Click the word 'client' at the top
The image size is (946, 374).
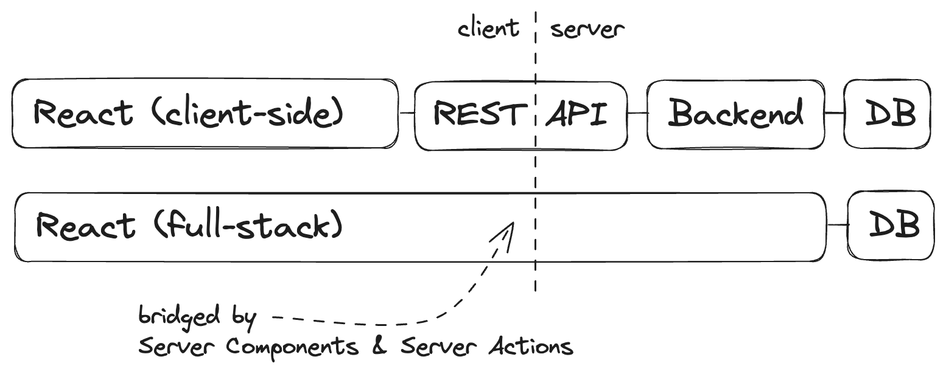(488, 28)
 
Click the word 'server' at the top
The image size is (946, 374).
(587, 29)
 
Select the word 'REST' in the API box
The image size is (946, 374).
(480, 114)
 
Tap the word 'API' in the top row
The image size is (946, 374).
(576, 114)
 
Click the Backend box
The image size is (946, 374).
(735, 114)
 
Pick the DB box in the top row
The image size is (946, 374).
(888, 114)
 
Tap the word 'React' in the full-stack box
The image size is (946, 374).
(86, 226)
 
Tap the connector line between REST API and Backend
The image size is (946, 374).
(637, 113)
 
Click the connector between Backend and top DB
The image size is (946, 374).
(833, 113)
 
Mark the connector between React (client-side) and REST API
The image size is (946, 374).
(406, 113)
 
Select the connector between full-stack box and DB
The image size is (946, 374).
(838, 225)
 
